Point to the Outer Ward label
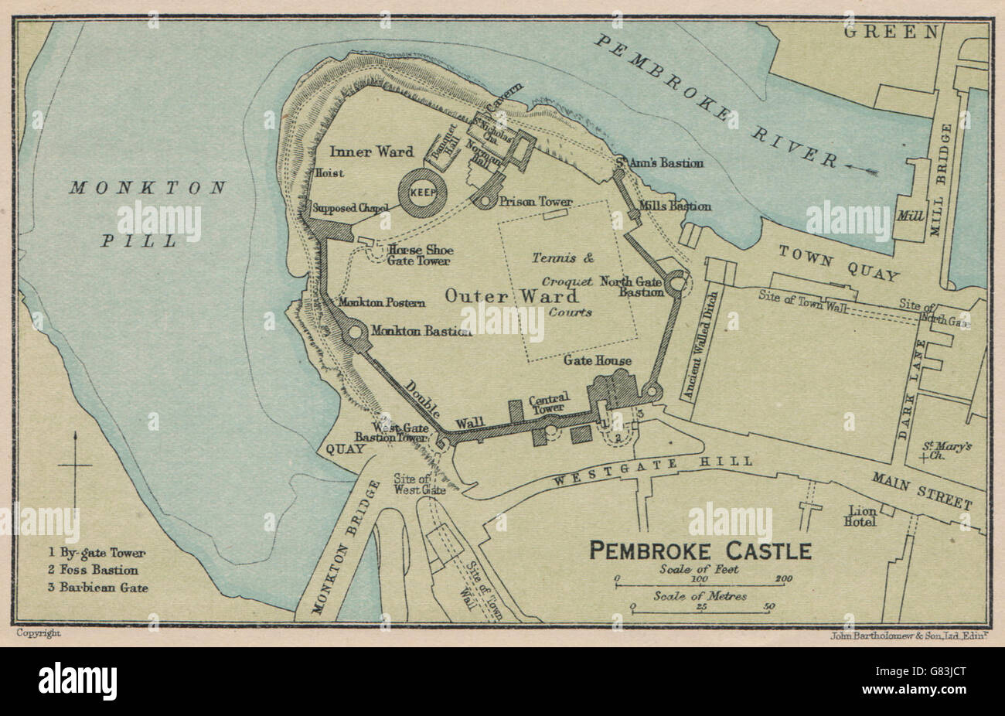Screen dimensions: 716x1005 coord(511,296)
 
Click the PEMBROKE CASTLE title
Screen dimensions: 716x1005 coord(700,551)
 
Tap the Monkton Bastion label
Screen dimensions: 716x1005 coord(421,331)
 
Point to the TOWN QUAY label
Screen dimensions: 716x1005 coord(838,264)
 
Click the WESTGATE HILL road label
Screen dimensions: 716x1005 coord(653,471)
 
